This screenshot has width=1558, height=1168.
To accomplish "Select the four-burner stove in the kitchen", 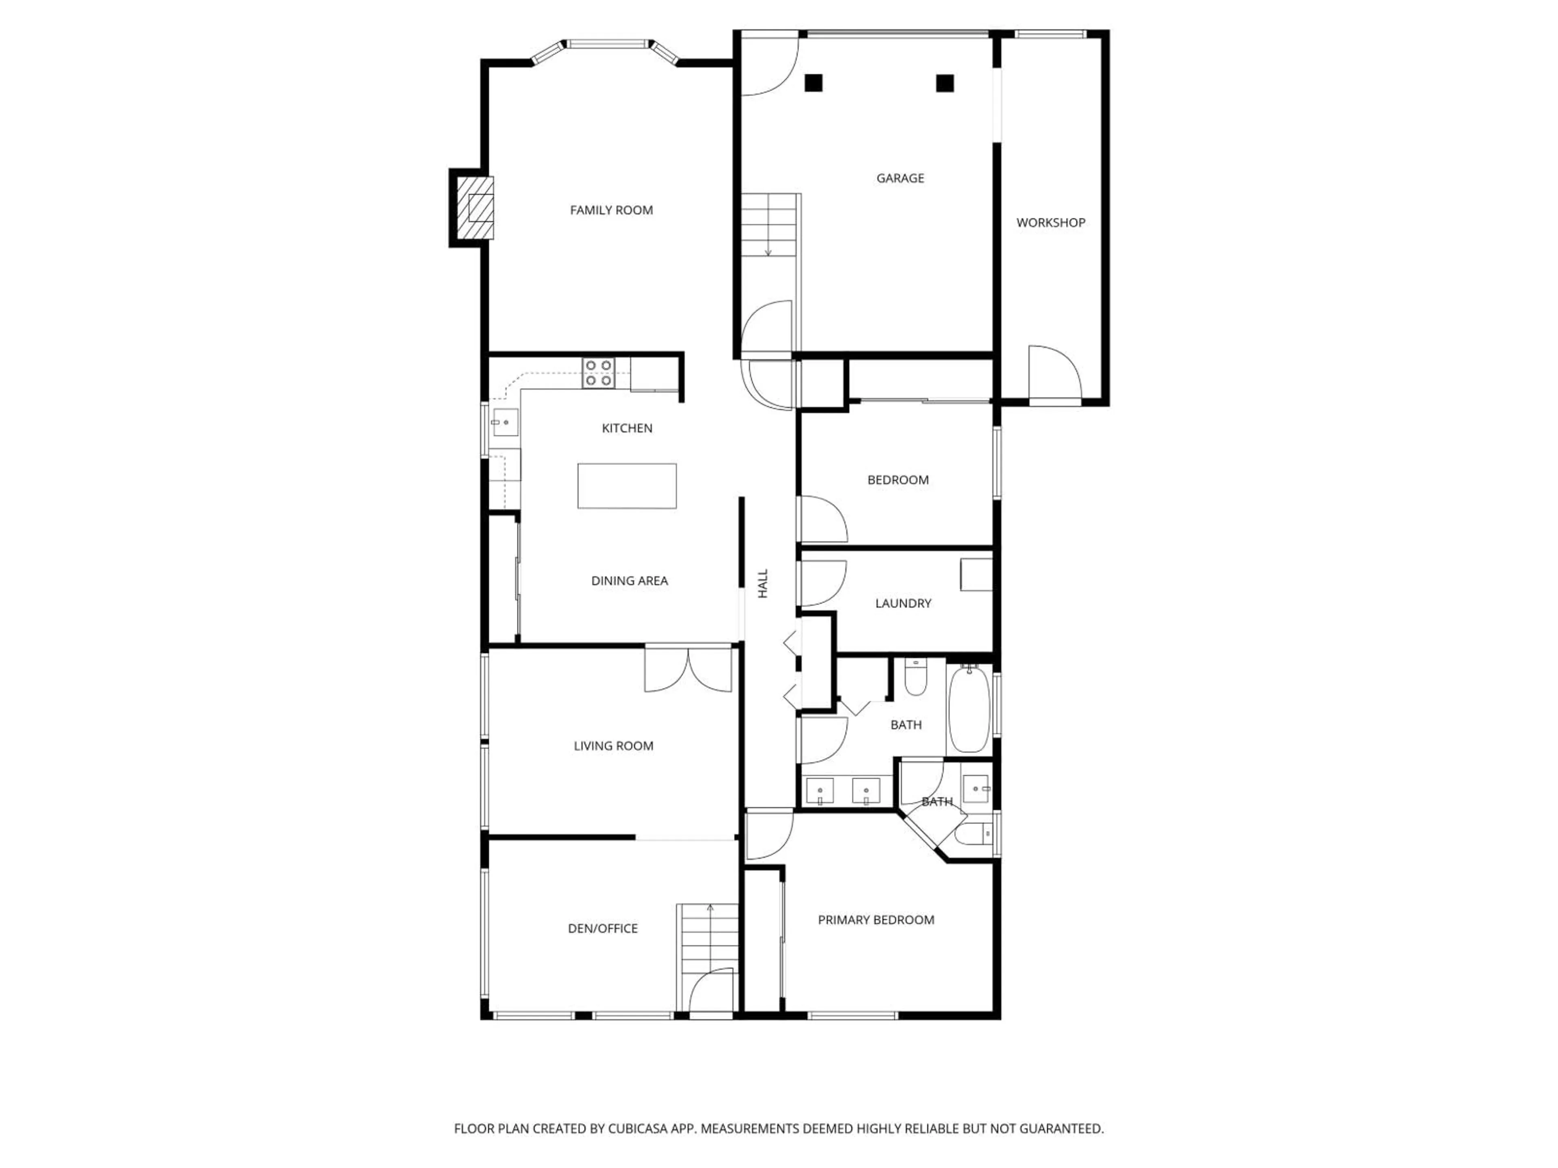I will [598, 372].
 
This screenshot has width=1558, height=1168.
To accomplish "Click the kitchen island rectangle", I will [627, 486].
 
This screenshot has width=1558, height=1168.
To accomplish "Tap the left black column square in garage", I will [813, 83].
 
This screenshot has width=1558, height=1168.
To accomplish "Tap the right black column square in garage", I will [945, 83].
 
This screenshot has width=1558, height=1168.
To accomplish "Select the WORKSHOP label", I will [1050, 223].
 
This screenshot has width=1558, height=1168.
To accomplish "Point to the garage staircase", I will [769, 225].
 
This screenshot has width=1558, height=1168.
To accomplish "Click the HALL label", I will [763, 584].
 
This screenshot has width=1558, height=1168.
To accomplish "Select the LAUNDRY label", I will [903, 603].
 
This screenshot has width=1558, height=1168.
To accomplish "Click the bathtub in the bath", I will [970, 710].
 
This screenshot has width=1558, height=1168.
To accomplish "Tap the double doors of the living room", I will [688, 669].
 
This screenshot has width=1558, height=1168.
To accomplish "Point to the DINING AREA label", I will [629, 581].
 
